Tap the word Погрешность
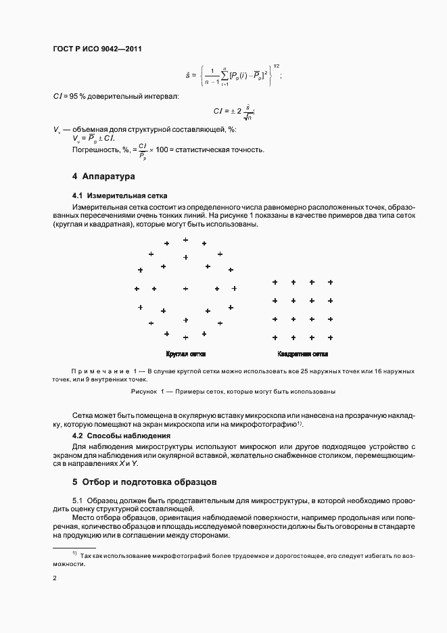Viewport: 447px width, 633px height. (x=93, y=149)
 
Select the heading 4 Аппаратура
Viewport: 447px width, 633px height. (x=103, y=177)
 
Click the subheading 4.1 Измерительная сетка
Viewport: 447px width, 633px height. (x=114, y=195)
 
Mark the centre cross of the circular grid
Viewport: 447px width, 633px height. (x=185, y=289)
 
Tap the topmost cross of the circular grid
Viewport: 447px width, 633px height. (x=185, y=240)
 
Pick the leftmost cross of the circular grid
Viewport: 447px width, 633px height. (x=137, y=289)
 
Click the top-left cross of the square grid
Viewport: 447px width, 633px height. (x=275, y=282)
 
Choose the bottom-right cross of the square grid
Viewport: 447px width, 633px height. (x=330, y=337)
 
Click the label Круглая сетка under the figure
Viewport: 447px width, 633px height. (x=185, y=354)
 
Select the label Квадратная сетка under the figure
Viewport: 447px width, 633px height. (x=302, y=354)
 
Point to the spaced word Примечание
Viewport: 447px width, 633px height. (x=100, y=371)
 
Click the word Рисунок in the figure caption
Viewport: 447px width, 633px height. (x=143, y=392)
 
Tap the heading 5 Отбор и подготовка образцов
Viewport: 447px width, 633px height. (x=144, y=482)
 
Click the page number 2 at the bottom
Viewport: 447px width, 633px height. (x=55, y=578)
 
